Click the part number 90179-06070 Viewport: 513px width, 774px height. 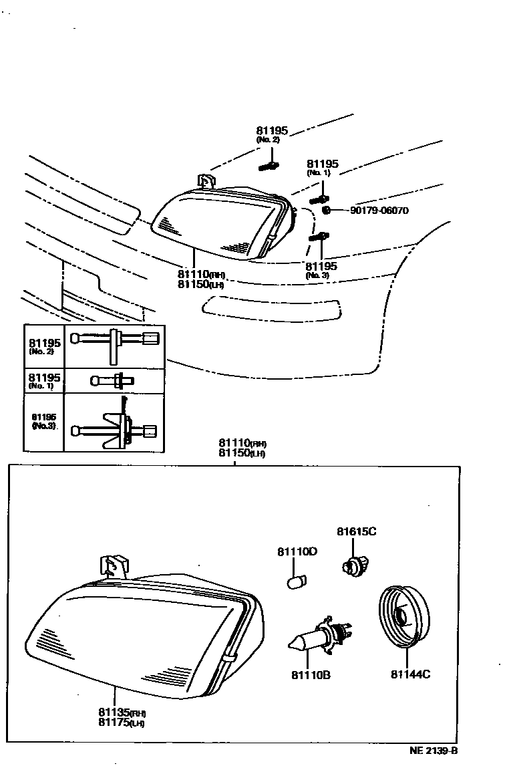379,211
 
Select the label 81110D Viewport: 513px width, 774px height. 297,551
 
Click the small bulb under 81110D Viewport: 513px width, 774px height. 295,582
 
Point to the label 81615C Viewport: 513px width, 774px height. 357,532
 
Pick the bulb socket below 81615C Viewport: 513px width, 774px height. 351,564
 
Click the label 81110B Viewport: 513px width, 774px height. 311,674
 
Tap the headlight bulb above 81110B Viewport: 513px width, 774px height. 319,638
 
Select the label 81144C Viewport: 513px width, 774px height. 410,674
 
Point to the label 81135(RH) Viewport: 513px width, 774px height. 122,713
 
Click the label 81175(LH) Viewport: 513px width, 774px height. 121,722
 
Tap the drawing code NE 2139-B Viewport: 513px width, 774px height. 434,750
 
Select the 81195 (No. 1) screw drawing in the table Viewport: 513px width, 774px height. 114,381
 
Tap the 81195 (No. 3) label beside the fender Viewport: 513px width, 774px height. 322,269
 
